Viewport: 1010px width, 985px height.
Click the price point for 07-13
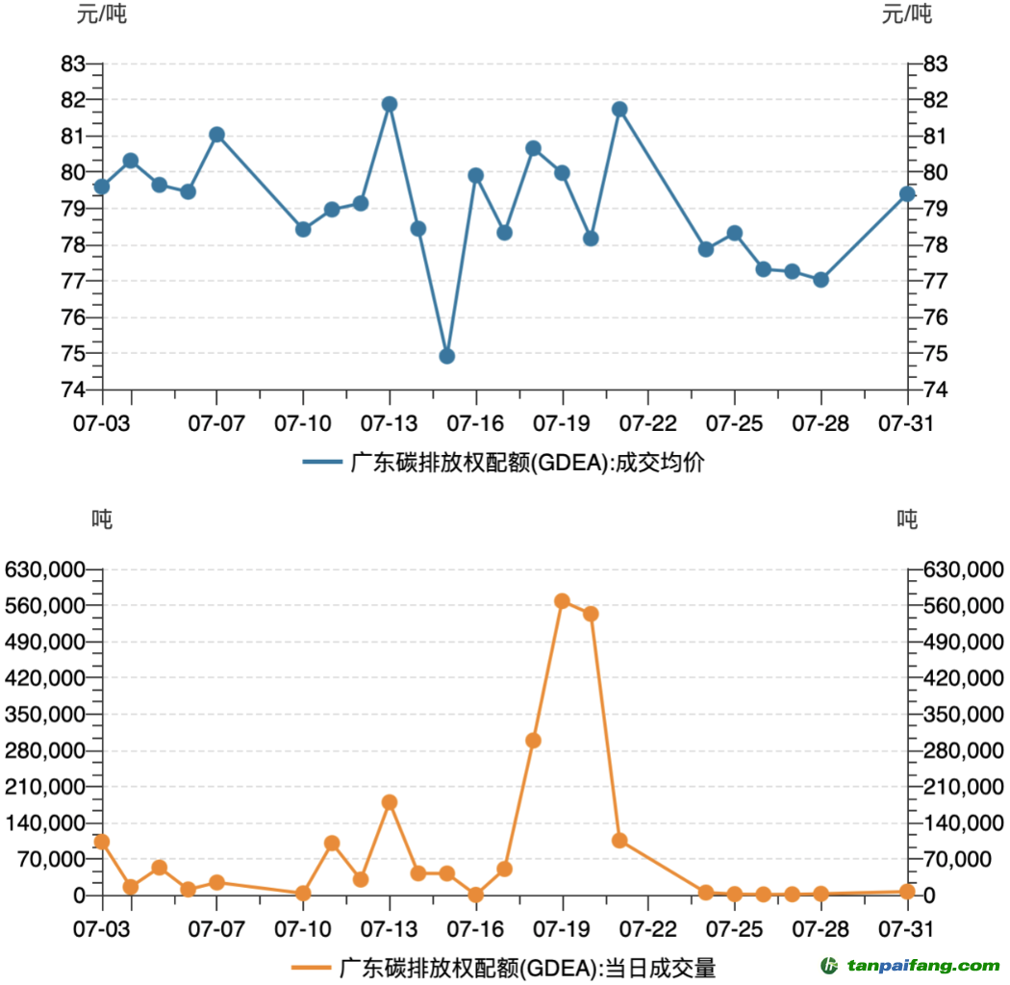coord(390,104)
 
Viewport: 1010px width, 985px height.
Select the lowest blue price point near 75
coord(446,356)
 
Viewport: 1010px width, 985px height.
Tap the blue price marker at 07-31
coord(906,194)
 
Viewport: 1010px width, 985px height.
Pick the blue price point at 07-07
coord(216,135)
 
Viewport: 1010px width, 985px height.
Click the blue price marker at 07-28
coord(821,280)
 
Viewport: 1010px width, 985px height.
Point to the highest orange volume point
coord(562,601)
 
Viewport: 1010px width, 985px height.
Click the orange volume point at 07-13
coord(390,802)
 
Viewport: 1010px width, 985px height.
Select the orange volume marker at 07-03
coord(102,842)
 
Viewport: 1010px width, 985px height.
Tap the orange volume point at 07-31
coord(906,892)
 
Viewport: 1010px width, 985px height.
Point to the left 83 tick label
coord(73,63)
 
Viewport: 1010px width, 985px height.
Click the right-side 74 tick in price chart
coord(936,390)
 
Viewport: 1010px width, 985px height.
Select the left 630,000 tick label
coord(45,569)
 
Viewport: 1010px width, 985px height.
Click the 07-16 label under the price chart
coord(475,422)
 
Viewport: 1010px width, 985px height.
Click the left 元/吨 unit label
coord(101,14)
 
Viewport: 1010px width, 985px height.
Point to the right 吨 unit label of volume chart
coord(907,519)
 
